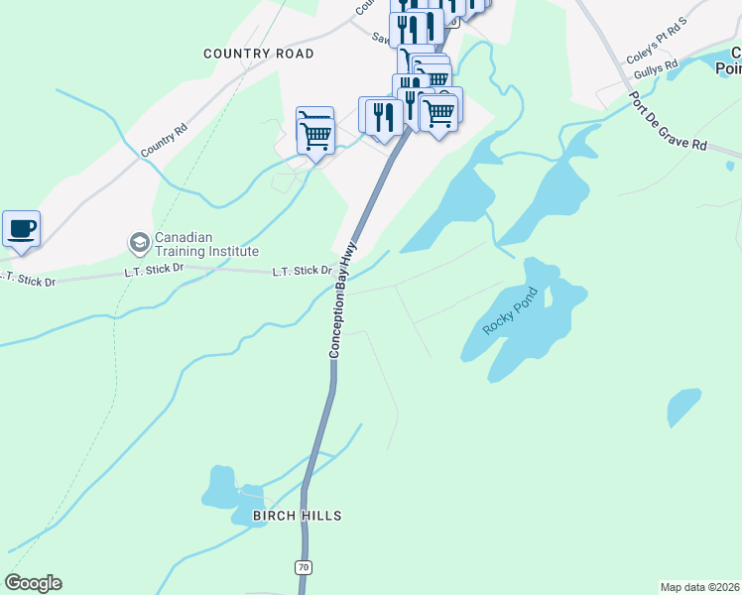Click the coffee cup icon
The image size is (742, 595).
(x=21, y=229)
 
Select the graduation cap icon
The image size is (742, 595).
(x=139, y=242)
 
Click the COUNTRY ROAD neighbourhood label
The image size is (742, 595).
(x=258, y=54)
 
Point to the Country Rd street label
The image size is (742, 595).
(x=164, y=140)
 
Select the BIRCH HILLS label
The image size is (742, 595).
(x=297, y=516)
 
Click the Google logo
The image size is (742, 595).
(x=33, y=583)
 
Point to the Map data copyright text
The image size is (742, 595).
(x=700, y=587)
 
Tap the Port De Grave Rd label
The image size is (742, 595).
(x=667, y=123)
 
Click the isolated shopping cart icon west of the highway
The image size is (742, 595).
(x=314, y=129)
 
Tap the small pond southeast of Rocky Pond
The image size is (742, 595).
(x=683, y=407)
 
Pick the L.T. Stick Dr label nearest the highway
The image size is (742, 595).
(x=303, y=270)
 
